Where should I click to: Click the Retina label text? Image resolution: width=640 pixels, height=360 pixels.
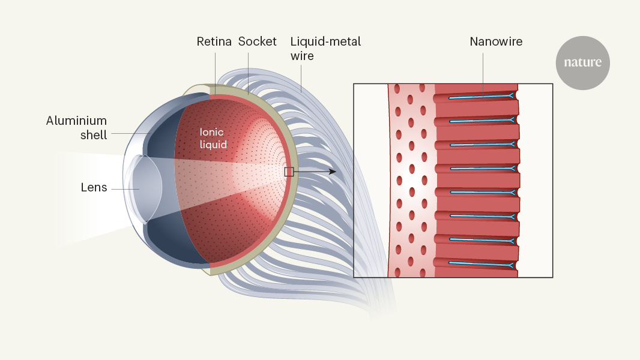click(214, 42)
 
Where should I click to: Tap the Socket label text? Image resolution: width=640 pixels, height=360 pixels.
click(258, 42)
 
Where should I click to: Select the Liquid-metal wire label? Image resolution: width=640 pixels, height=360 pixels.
click(325, 49)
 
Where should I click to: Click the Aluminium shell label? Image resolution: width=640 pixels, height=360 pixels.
click(76, 128)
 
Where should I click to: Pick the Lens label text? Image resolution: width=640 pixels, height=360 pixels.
click(94, 188)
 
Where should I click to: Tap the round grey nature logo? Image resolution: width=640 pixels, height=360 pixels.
click(582, 62)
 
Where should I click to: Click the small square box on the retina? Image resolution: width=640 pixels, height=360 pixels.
click(289, 172)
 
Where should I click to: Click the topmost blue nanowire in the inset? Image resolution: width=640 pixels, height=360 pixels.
click(480, 96)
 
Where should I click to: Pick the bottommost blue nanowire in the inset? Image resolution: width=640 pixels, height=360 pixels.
click(480, 263)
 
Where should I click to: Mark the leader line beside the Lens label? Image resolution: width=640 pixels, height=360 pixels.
click(123, 189)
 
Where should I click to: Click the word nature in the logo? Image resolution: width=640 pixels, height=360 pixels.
click(582, 62)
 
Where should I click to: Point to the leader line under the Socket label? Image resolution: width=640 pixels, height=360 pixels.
click(247, 70)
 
